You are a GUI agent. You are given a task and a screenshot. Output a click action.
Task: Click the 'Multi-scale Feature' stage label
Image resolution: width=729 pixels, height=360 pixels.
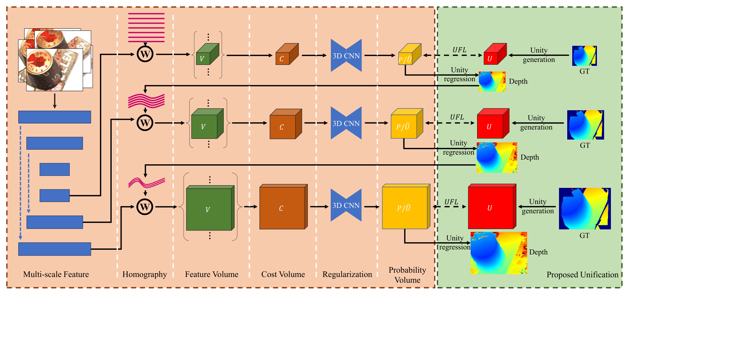56,274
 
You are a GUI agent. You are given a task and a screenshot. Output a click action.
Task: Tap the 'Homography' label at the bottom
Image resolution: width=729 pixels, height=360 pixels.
145,274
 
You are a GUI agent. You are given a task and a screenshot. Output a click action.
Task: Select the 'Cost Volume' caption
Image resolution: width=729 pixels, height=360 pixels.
283,274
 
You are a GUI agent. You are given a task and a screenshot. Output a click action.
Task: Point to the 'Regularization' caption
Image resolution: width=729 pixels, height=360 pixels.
347,274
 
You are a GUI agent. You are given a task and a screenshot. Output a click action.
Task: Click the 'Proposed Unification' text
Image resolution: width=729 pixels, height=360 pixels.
582,275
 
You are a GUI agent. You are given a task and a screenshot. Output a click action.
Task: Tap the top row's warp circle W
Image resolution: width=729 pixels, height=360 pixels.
145,54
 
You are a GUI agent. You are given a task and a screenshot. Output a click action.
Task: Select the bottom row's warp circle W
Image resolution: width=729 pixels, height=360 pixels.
145,207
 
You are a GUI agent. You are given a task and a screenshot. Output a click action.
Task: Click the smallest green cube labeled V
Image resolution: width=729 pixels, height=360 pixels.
208,54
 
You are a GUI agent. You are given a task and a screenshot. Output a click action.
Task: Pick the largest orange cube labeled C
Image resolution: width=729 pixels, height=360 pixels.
283,207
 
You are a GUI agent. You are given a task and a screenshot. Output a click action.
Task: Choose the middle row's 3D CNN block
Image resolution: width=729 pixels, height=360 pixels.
346,123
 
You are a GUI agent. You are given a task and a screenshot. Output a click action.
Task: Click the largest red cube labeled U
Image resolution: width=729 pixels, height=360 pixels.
492,206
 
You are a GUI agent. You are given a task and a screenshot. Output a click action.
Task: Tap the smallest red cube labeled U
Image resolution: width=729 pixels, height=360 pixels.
495,54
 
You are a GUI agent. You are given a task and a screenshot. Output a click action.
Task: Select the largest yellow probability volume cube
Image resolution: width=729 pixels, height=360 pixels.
406,206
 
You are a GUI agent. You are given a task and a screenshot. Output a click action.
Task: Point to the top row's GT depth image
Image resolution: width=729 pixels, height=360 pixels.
584,55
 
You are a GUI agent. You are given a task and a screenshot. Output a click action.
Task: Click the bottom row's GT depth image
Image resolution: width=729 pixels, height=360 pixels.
585,209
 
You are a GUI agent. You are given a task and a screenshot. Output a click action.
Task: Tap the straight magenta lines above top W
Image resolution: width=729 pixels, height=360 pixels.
146,27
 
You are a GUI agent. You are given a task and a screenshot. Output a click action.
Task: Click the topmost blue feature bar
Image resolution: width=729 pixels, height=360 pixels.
55,117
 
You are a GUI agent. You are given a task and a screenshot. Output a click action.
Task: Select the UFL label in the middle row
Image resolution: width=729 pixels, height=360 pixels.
457,117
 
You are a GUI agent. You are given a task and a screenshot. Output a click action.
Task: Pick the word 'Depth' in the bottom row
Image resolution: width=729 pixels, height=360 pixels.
538,252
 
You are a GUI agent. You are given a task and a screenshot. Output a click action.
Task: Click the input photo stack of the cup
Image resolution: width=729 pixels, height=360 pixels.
55,60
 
